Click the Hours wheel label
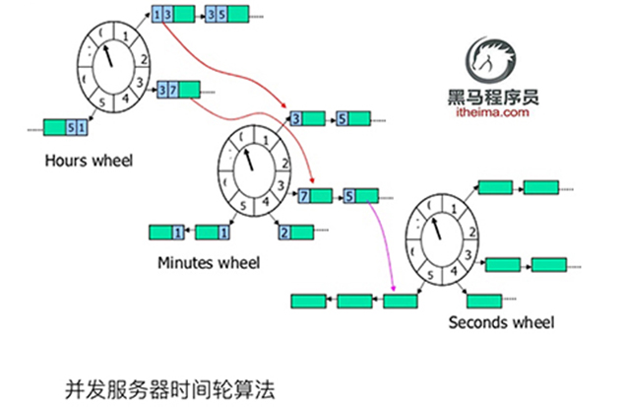point(88,159)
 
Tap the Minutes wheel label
point(209,263)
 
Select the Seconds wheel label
point(501,322)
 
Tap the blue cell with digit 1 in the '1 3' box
point(158,15)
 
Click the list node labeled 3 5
point(223,15)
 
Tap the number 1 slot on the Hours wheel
point(127,37)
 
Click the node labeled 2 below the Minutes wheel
point(294,233)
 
